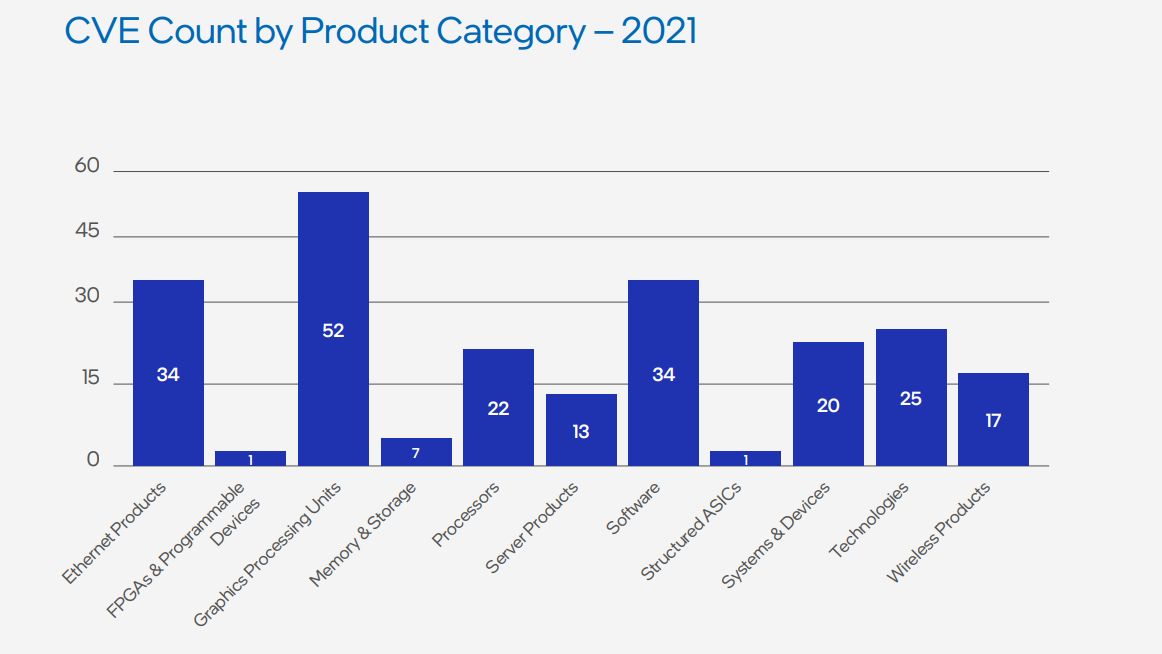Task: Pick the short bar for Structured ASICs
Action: tap(745, 458)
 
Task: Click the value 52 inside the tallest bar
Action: tap(333, 330)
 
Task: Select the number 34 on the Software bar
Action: tap(663, 375)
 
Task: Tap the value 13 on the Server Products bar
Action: tap(581, 432)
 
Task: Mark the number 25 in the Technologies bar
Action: tap(910, 399)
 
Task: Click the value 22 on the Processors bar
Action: tap(498, 408)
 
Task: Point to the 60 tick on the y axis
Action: tap(87, 166)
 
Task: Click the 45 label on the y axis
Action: tap(87, 231)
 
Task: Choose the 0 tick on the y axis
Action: tap(93, 460)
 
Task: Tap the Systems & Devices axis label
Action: tap(776, 535)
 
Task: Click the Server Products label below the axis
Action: tap(532, 528)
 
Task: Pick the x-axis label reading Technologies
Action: tap(869, 520)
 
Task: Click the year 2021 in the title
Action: tap(658, 31)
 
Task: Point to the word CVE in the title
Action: tap(102, 31)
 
